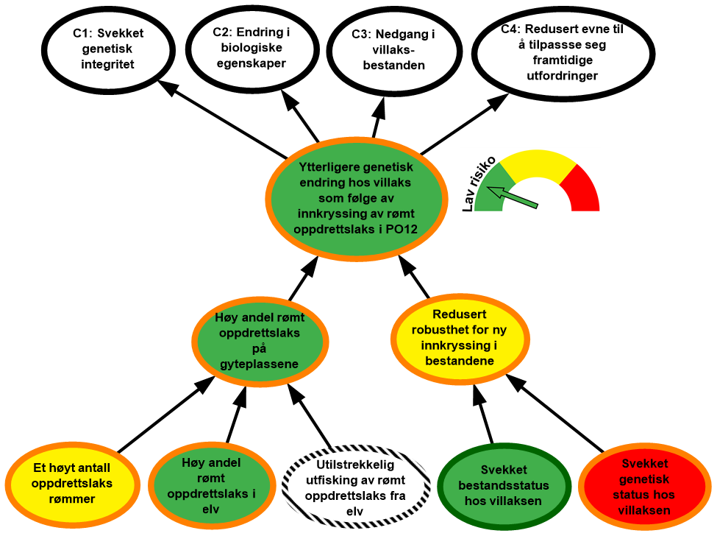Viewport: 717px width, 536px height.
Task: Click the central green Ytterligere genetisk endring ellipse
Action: [x=356, y=197]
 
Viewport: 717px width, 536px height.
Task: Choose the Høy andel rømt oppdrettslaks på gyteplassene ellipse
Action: [x=260, y=341]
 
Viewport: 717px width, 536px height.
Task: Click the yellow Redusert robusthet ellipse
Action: [x=459, y=337]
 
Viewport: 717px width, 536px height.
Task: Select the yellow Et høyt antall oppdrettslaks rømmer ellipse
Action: [x=72, y=483]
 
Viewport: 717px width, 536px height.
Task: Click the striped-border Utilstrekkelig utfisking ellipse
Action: [x=355, y=486]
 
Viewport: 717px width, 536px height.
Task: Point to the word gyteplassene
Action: [x=260, y=364]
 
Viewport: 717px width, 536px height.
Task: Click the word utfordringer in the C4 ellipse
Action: [x=562, y=76]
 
